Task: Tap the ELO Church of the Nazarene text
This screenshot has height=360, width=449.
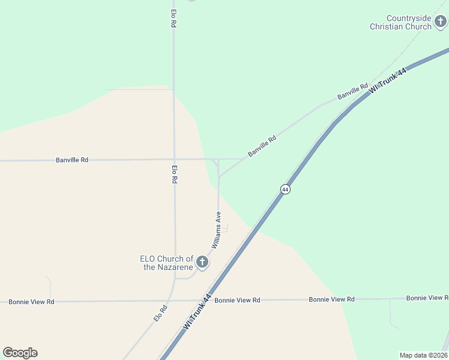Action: click(166, 263)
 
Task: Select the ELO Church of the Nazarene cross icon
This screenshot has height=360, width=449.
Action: click(202, 262)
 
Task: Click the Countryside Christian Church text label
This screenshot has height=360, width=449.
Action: click(400, 23)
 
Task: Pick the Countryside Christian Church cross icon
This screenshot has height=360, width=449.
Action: click(441, 22)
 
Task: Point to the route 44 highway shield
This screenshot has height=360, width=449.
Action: click(285, 189)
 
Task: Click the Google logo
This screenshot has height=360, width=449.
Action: click(20, 353)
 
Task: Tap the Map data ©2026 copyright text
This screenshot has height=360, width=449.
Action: click(423, 355)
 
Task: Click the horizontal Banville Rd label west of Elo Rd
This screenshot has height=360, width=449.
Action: click(72, 160)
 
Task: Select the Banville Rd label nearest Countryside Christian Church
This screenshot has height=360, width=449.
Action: click(352, 92)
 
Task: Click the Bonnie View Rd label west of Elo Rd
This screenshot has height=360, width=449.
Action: click(31, 302)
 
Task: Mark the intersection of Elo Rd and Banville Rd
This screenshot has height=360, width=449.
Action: click(174, 160)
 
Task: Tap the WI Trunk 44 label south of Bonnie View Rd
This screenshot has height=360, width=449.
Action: click(197, 311)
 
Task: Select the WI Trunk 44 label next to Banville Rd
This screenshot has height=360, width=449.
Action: click(388, 80)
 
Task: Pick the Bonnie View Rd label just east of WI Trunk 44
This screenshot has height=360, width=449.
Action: click(237, 300)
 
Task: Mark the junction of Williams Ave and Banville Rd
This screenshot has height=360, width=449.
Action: click(218, 160)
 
